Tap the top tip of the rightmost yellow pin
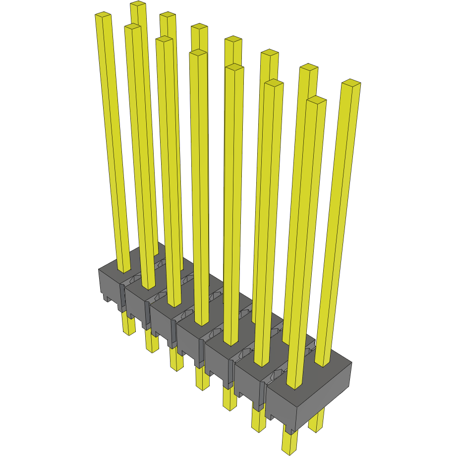(x=351, y=83)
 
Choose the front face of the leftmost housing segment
(x=109, y=285)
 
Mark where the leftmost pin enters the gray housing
(x=124, y=269)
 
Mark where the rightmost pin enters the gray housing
(x=322, y=363)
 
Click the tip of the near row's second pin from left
(x=133, y=27)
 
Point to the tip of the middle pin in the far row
(x=233, y=40)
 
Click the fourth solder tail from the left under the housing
(x=202, y=379)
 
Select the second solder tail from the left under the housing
(x=152, y=342)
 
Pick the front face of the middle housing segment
(x=189, y=342)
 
